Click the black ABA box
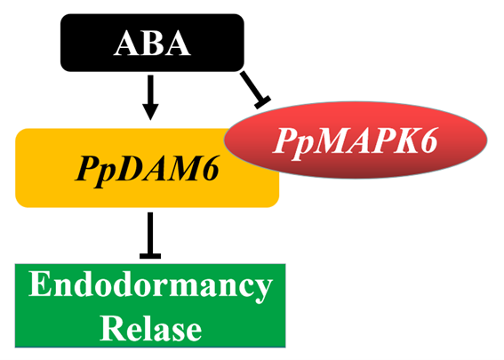point(152,43)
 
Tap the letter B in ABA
point(153,43)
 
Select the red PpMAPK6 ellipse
point(356,140)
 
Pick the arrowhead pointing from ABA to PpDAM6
point(150,111)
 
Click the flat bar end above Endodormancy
point(150,256)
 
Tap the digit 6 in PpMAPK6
point(427,140)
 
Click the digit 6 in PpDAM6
point(208,168)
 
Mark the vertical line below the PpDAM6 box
point(150,233)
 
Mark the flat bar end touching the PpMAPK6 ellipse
point(262,102)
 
